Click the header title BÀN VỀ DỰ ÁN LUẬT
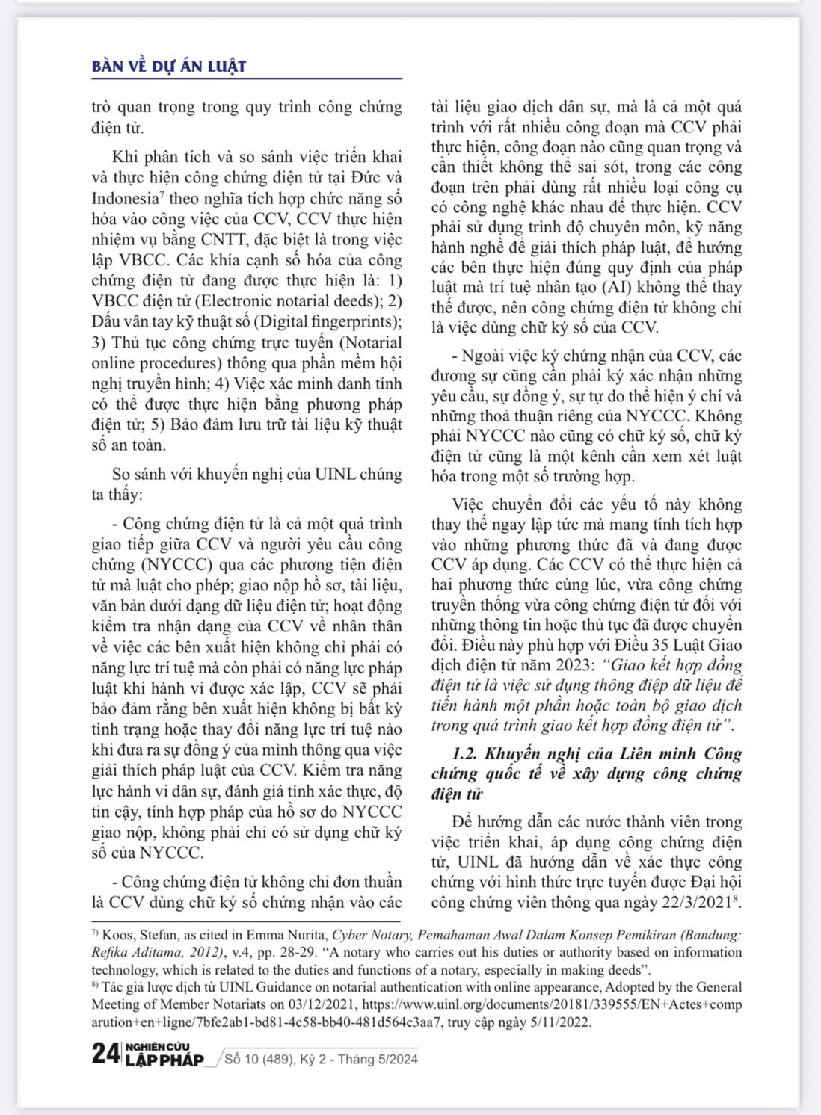(x=169, y=66)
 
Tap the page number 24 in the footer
(x=105, y=1054)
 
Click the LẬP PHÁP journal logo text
(x=164, y=1060)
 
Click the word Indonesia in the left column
(x=125, y=199)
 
